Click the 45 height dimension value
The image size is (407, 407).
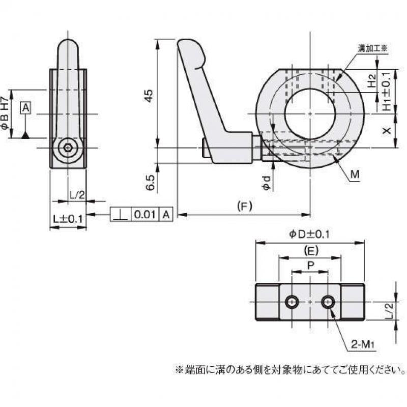point(149,96)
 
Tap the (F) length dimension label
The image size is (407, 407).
point(245,207)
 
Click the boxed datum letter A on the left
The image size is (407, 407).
point(26,107)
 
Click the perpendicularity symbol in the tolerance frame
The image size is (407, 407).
point(120,215)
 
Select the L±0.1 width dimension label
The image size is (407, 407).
point(68,219)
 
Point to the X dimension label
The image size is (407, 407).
point(387,131)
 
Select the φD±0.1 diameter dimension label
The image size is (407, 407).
point(310,234)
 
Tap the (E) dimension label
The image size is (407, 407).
point(310,250)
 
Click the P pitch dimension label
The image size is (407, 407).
point(310,265)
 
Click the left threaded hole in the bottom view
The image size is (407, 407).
point(292,303)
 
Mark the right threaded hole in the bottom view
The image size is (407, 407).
point(328,303)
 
